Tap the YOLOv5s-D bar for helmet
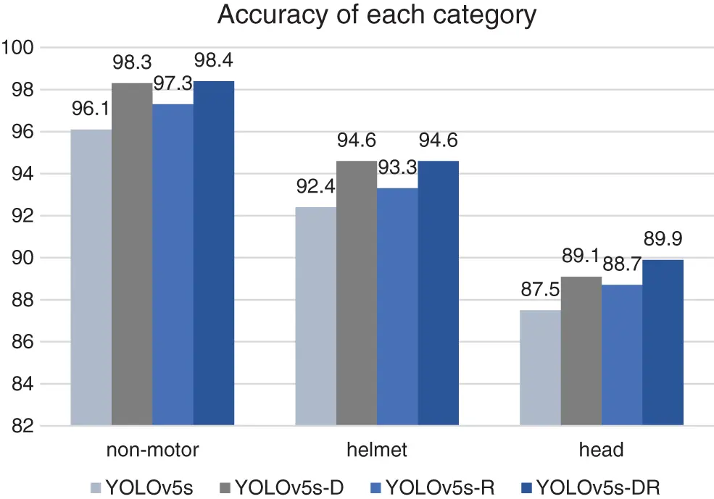click(357, 293)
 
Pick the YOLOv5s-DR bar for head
click(663, 342)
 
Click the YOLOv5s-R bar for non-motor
click(173, 264)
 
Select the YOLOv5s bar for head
click(541, 367)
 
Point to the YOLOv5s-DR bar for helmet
click(438, 293)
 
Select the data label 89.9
click(663, 239)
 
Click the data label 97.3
click(173, 84)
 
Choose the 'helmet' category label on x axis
click(377, 450)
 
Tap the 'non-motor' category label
click(152, 450)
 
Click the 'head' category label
click(602, 450)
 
